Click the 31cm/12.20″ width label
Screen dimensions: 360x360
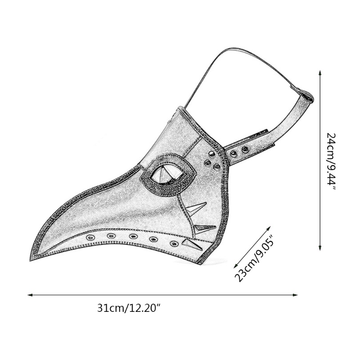128,308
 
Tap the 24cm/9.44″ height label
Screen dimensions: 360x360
331,161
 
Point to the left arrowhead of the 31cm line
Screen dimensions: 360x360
30,295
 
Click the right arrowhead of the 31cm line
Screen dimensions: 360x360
295,295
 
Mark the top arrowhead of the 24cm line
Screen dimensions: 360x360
319,73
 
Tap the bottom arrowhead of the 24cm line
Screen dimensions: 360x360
319,248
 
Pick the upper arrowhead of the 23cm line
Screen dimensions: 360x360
268,228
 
